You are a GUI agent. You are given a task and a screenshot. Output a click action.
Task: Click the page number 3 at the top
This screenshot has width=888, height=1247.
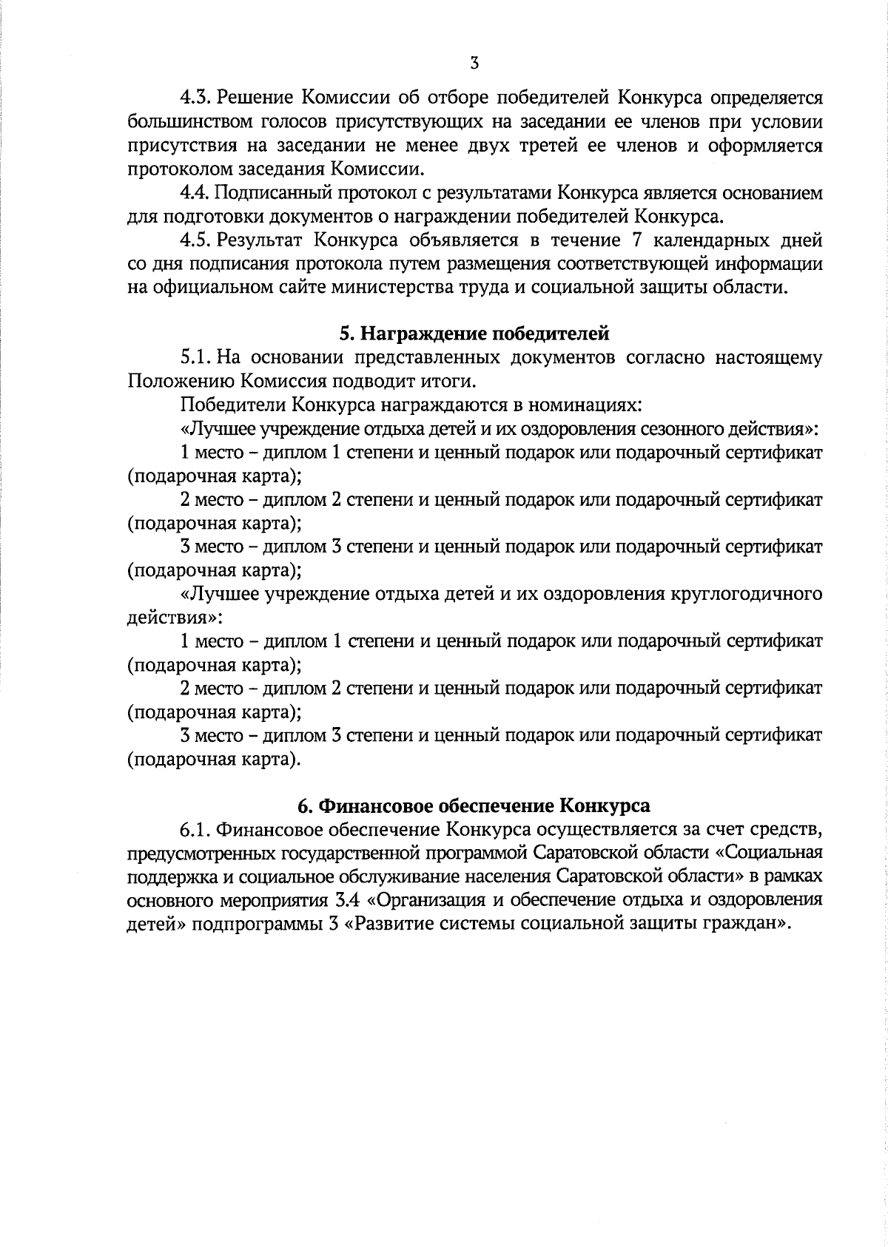pos(474,64)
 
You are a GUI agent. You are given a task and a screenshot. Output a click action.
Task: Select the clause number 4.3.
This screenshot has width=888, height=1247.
pos(195,98)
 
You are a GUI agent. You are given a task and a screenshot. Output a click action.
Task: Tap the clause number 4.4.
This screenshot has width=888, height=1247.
pos(195,194)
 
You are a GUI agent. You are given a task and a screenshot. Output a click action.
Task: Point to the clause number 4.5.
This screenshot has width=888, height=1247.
pos(195,241)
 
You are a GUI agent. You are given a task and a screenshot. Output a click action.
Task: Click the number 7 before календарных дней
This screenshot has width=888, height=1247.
pos(647,241)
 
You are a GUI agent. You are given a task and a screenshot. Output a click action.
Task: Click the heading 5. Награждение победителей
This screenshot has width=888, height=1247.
pos(474,335)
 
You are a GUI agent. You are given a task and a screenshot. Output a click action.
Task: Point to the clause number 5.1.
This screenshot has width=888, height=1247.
pos(195,359)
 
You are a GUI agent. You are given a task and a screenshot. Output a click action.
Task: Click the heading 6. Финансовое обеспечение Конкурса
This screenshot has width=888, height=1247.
pos(474,806)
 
